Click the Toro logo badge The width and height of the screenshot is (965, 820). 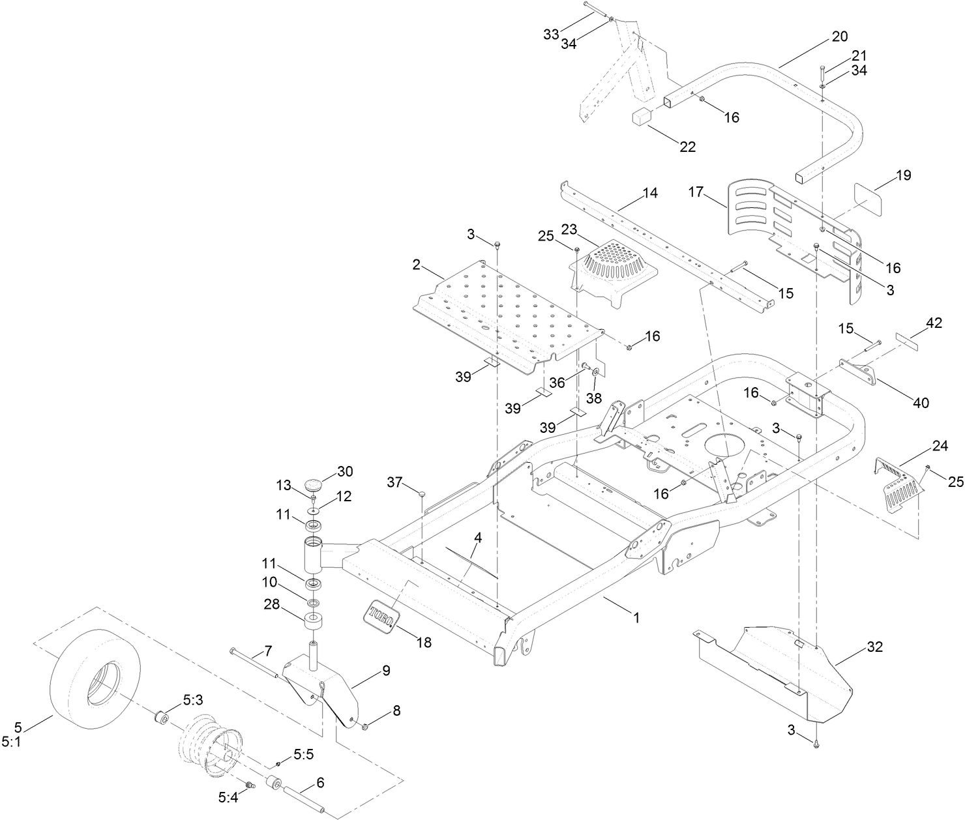coord(379,615)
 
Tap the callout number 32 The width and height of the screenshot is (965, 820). coord(874,647)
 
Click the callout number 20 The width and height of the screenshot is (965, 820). coord(840,37)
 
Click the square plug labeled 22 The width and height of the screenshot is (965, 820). coord(642,121)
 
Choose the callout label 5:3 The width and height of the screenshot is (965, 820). coord(192,700)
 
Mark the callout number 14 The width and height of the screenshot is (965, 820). coord(649,193)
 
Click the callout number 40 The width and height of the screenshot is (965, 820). coord(920,403)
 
